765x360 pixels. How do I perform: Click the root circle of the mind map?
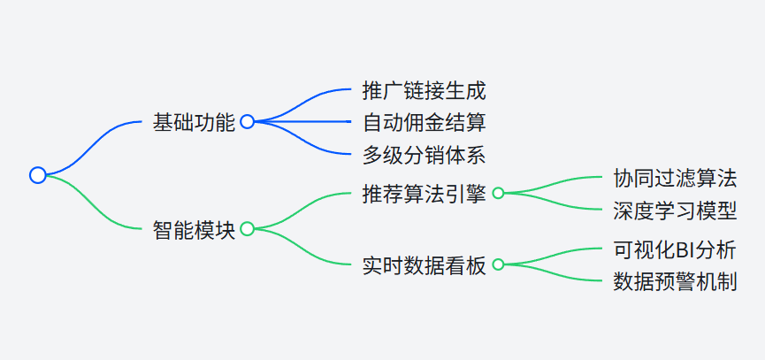37,175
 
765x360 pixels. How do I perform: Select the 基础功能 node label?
194,122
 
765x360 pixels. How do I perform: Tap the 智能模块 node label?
194,229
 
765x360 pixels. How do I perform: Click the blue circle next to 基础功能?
247,122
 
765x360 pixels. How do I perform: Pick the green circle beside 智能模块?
247,229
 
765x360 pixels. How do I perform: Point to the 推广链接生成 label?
424,90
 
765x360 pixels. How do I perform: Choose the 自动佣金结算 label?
424,122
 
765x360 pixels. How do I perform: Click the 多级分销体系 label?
424,155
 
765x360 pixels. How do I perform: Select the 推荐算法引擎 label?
424,193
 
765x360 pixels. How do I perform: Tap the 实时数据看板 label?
424,264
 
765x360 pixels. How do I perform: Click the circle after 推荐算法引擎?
498,193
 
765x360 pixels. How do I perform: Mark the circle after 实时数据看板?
498,264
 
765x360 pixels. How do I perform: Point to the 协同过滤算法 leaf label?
675,177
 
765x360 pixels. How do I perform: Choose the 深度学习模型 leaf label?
675,211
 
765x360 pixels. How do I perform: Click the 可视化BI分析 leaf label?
675,249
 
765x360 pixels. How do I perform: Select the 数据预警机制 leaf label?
675,282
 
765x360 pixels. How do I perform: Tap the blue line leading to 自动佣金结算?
310,122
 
